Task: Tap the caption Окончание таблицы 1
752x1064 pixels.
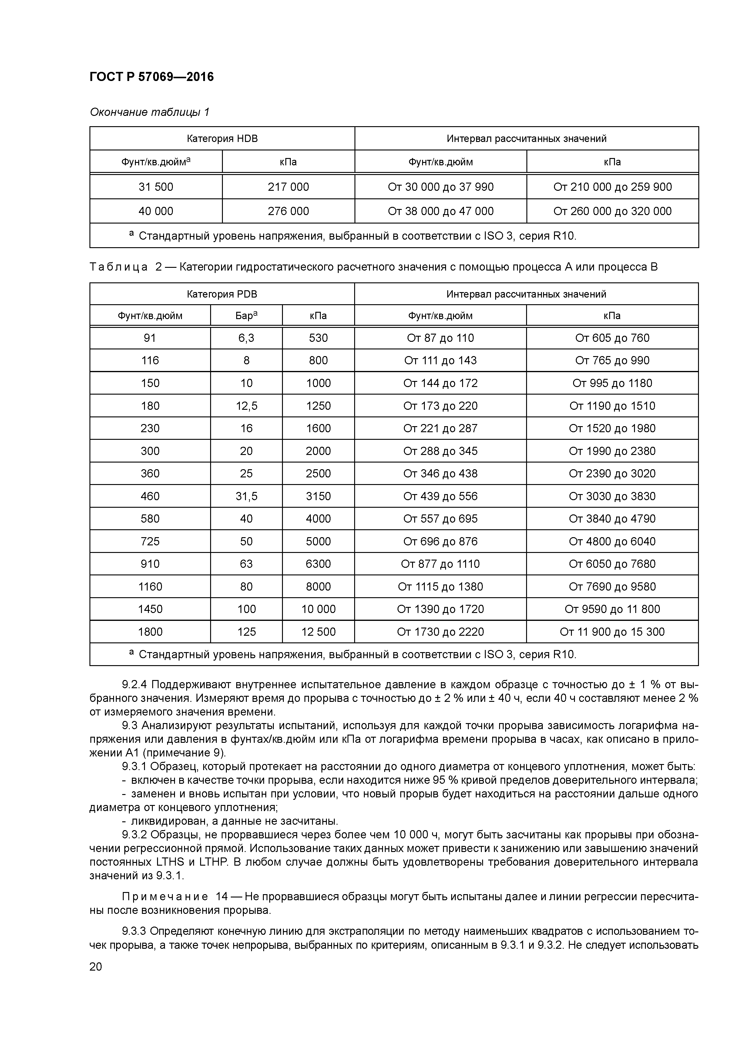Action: [149, 112]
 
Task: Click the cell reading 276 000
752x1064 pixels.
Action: [288, 211]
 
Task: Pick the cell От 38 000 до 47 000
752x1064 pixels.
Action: [441, 211]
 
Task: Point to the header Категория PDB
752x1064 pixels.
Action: [222, 294]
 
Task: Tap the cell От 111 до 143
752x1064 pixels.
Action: [440, 361]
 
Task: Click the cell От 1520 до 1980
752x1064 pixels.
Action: [612, 428]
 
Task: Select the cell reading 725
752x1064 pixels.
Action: [150, 541]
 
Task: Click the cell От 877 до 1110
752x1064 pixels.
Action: [440, 564]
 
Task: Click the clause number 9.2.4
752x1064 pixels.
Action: [134, 685]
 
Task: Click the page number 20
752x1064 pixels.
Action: [96, 967]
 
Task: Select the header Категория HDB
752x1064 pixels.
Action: [222, 139]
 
